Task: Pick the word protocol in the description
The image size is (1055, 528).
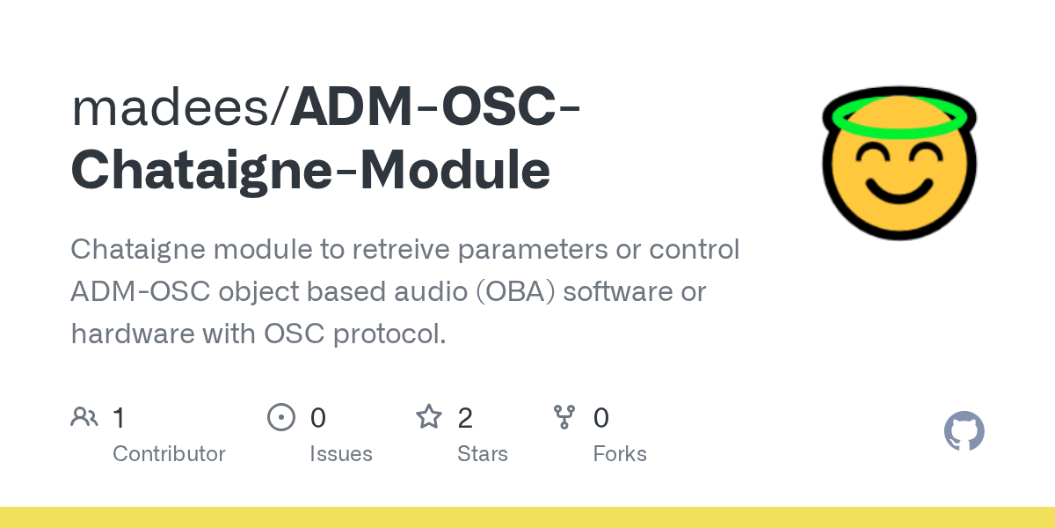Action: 397,334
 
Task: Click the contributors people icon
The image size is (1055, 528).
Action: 84,417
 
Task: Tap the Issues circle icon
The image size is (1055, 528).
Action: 280,417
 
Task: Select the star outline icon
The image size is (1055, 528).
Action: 429,417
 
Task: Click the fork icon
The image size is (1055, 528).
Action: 564,417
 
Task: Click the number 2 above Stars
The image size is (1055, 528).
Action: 465,418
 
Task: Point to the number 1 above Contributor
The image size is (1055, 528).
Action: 119,418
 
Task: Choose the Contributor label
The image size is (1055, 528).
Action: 169,454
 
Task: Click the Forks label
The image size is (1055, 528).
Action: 620,454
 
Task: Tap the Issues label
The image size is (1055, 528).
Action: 341,454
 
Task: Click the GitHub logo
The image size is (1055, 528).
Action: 964,432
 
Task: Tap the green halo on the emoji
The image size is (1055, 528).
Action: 899,117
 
